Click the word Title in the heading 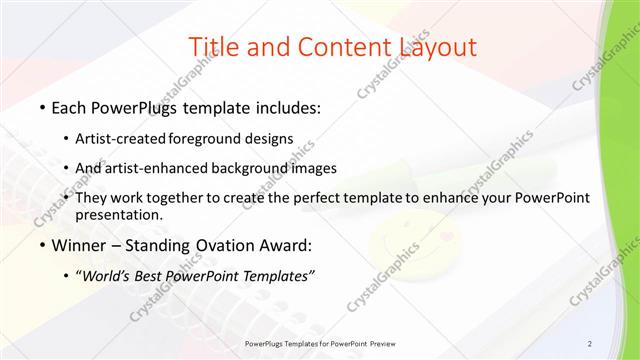pyautogui.click(x=213, y=46)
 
